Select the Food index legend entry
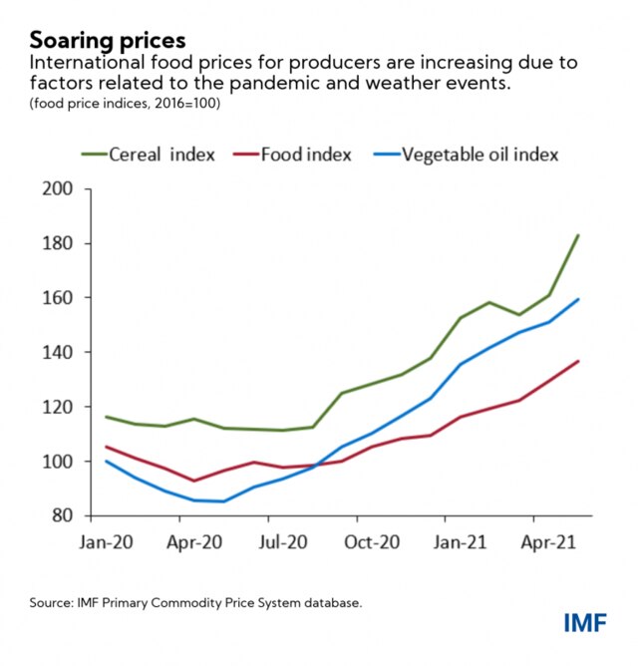305,154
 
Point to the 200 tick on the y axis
59,189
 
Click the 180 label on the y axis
59,243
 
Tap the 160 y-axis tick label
59,298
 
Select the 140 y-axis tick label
59,353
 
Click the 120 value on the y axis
59,407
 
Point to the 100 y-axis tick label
59,462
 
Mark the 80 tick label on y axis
64,516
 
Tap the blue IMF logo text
587,625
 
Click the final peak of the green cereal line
578,235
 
